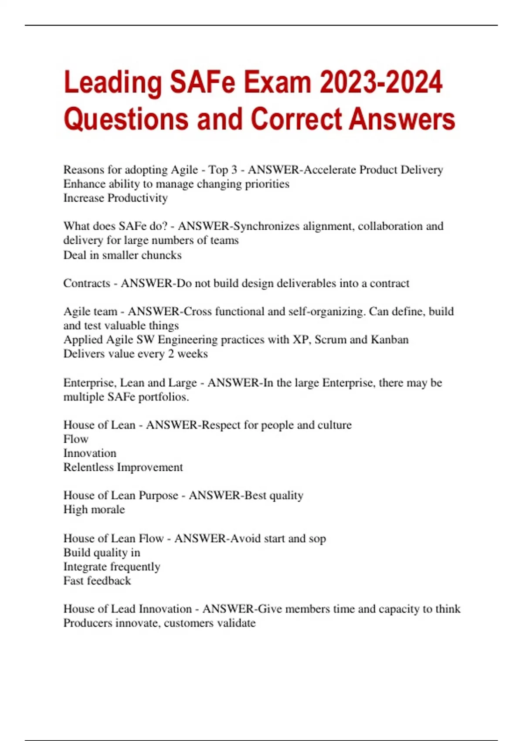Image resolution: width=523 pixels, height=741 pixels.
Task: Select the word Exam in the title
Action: pos(278,82)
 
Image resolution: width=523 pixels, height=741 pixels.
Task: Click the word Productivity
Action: pos(137,198)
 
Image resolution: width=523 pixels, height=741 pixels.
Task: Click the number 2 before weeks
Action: pos(171,354)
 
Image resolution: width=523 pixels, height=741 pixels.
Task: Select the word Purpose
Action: pos(158,496)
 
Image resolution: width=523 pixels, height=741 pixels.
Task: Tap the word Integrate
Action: pos(84,567)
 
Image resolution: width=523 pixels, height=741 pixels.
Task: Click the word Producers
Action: pos(88,623)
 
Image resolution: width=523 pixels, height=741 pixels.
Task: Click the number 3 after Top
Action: pos(234,170)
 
